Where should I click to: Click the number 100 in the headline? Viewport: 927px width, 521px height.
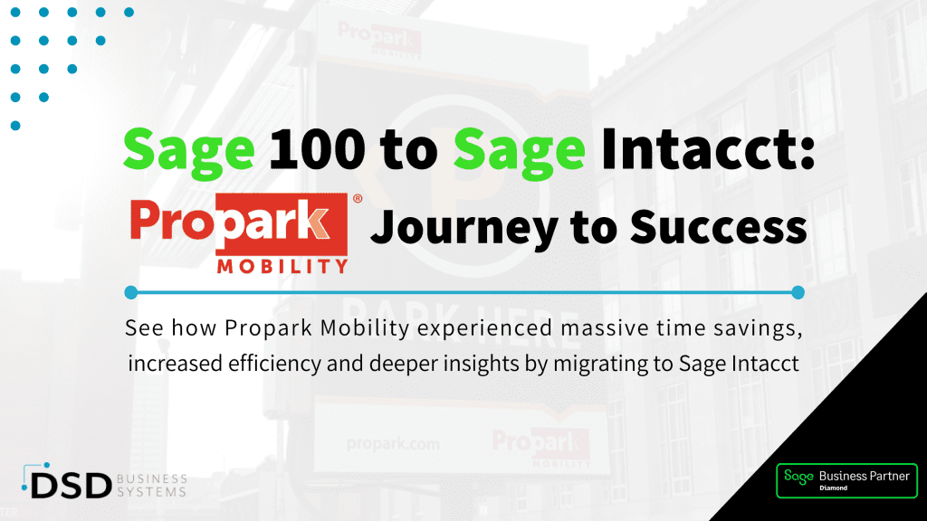pyautogui.click(x=318, y=148)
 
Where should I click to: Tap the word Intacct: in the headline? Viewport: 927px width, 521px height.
pyautogui.click(x=708, y=148)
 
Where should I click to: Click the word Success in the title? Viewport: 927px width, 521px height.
pyautogui.click(x=718, y=226)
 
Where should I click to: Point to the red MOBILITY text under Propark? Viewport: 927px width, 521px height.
pyautogui.click(x=282, y=267)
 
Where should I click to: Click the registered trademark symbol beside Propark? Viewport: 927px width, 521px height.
pyautogui.click(x=357, y=198)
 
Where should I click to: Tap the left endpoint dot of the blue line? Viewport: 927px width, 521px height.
pyautogui.click(x=131, y=292)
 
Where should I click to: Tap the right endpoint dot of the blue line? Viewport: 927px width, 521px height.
pyautogui.click(x=798, y=292)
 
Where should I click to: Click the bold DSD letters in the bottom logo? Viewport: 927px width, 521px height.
pyautogui.click(x=71, y=486)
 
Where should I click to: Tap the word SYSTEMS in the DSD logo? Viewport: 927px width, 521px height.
pyautogui.click(x=152, y=492)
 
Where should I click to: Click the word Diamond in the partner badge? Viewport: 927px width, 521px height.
pyautogui.click(x=834, y=488)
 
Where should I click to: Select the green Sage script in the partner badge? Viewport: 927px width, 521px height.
pyautogui.click(x=798, y=477)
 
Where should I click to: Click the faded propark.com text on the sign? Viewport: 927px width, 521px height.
pyautogui.click(x=393, y=444)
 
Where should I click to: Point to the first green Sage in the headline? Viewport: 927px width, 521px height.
pyautogui.click(x=189, y=151)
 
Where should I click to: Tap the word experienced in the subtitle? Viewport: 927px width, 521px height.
pyautogui.click(x=486, y=328)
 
